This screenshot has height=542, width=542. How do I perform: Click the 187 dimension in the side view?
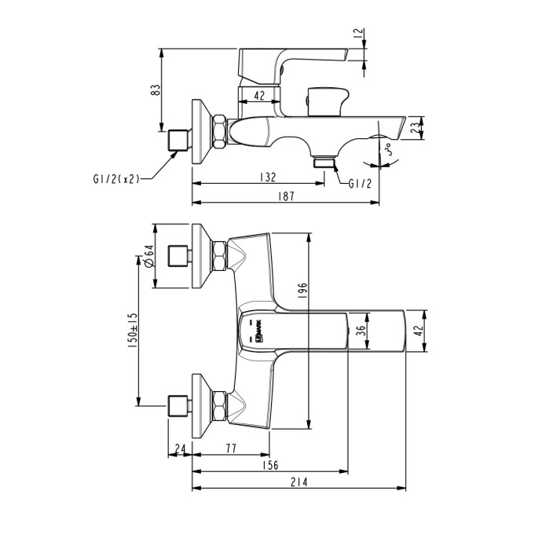pyautogui.click(x=285, y=196)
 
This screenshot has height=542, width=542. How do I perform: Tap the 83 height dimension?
pyautogui.click(x=156, y=90)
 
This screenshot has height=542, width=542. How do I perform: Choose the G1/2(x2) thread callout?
pyautogui.click(x=115, y=178)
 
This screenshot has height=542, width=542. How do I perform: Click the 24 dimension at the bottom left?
pyautogui.click(x=180, y=449)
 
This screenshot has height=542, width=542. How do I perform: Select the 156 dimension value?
pyautogui.click(x=269, y=465)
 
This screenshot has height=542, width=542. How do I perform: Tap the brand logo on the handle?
pyautogui.click(x=255, y=331)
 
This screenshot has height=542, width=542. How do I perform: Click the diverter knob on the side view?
pyautogui.click(x=326, y=101)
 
